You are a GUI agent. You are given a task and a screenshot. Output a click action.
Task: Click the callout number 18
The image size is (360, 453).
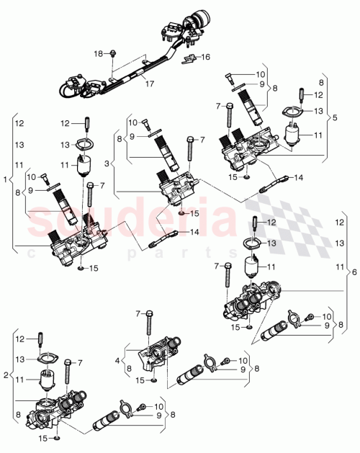coord(99,53)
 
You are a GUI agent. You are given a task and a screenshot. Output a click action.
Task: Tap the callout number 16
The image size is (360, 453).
coord(205,56)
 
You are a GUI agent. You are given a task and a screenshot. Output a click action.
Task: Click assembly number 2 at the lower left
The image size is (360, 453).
coord(6,374)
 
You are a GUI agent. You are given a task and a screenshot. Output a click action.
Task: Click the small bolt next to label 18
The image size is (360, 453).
coord(114,53)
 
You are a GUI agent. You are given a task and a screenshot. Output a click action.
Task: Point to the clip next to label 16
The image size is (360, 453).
coord(190,58)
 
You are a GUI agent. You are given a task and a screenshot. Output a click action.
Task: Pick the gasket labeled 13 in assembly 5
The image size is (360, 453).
coord(292,111)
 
